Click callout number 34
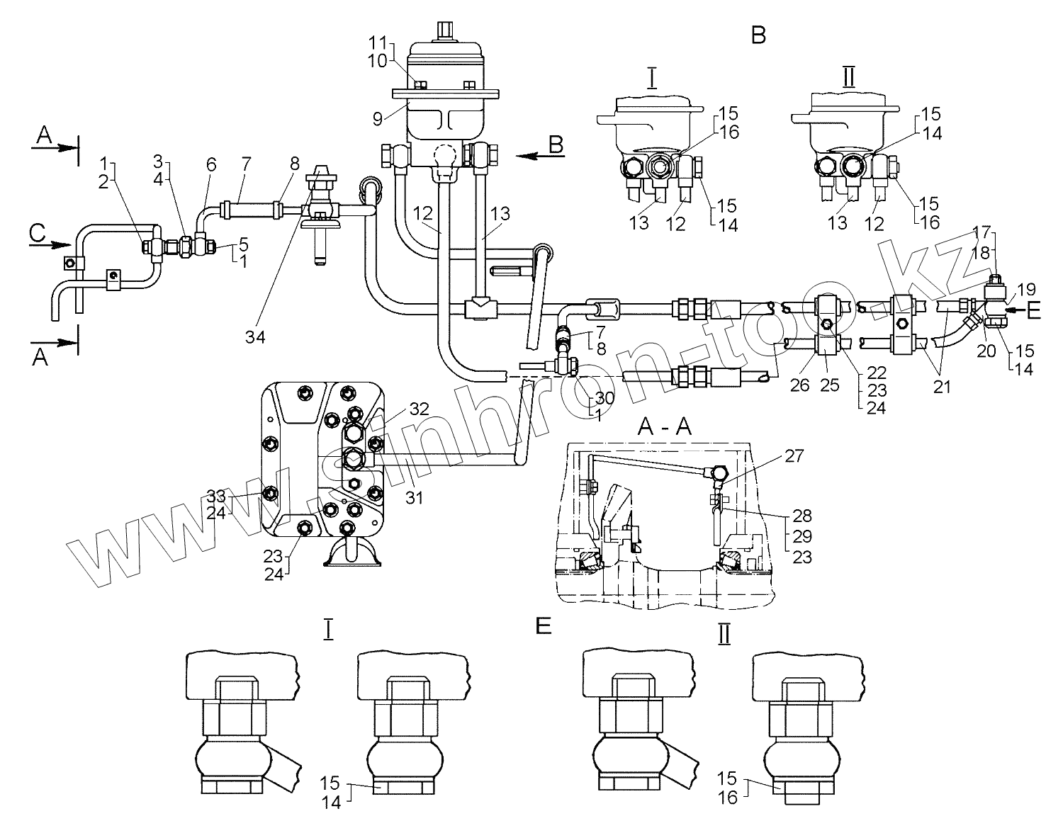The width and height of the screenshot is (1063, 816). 256,338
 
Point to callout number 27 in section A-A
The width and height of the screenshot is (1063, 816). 794,456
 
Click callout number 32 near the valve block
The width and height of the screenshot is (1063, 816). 418,408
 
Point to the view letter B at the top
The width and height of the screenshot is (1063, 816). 758,35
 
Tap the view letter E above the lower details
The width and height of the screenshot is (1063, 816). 544,626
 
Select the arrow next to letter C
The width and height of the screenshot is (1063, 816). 50,245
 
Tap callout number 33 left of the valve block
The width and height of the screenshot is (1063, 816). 215,494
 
